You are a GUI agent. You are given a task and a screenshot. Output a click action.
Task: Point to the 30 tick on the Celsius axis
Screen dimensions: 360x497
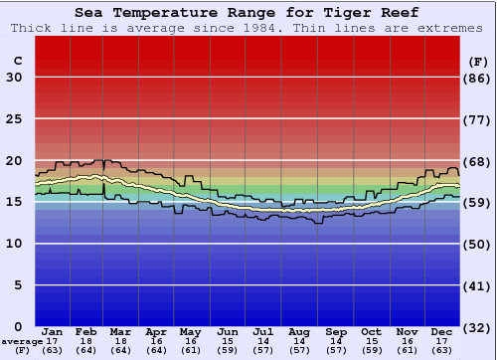15,78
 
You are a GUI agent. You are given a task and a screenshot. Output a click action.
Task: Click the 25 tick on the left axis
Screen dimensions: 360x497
15,119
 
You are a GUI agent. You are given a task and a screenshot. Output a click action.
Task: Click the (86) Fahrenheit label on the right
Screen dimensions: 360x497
478,78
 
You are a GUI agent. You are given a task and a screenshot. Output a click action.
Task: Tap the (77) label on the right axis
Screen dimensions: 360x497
478,119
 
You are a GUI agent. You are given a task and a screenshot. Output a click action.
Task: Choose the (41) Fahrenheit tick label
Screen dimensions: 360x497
478,285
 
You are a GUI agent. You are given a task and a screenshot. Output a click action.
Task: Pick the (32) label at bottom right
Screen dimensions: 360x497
478,326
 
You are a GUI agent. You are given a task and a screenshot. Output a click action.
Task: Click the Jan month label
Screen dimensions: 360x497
53,331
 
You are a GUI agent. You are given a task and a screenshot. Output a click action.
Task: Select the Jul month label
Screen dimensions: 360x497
263,331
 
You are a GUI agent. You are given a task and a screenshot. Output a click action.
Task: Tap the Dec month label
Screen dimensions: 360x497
442,331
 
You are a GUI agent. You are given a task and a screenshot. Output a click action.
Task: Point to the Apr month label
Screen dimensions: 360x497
156,331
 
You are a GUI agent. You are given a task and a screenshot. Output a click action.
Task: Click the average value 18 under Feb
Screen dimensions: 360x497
86,341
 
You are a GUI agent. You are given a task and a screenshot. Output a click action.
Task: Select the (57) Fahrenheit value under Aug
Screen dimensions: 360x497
299,350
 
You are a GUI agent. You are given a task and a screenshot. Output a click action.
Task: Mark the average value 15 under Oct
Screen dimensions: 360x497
371,341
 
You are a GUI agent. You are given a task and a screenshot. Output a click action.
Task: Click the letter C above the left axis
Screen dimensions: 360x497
18,61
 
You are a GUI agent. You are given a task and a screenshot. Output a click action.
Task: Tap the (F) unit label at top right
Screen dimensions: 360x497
478,61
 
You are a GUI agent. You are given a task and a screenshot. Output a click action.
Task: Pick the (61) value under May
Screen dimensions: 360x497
190,350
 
